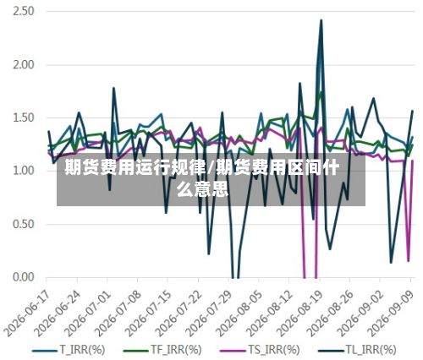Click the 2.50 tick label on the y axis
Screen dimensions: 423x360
(24, 12)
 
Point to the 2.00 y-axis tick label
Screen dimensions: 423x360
(24, 65)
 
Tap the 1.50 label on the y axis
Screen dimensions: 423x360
(24, 117)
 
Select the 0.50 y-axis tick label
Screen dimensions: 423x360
(24, 224)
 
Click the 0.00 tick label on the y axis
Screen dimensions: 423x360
(24, 277)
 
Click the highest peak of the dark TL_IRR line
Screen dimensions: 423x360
(321, 20)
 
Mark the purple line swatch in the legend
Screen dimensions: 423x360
(233, 351)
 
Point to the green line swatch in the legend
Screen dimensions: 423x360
(136, 351)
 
